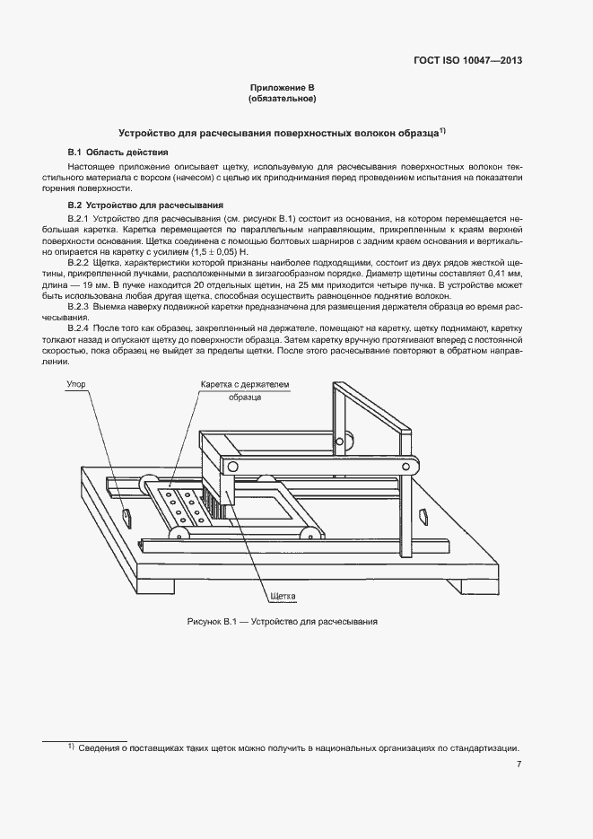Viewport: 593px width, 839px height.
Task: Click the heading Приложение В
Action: (x=283, y=88)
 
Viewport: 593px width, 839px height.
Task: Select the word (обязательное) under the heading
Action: (x=283, y=99)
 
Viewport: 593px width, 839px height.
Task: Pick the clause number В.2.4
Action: (x=83, y=329)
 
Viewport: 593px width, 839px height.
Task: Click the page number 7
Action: (x=519, y=765)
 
